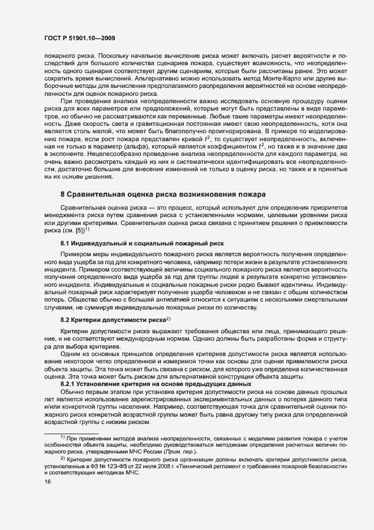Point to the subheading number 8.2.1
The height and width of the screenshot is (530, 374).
tap(70, 384)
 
